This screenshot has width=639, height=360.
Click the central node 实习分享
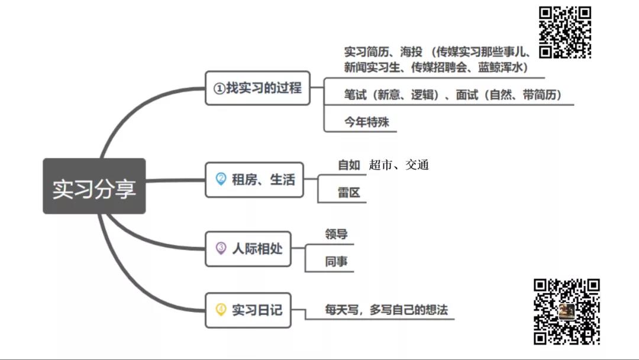pyautogui.click(x=94, y=186)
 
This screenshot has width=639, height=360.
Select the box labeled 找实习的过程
pyautogui.click(x=257, y=88)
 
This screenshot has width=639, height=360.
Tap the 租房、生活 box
pyautogui.click(x=254, y=180)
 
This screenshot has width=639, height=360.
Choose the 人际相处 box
pyautogui.click(x=248, y=249)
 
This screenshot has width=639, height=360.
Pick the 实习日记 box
pyautogui.click(x=248, y=310)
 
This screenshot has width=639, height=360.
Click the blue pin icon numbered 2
pyautogui.click(x=221, y=179)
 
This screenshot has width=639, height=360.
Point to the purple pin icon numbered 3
pyautogui.click(x=221, y=248)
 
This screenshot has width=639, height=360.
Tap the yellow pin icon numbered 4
pyautogui.click(x=221, y=310)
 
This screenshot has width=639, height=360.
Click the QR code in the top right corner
pyautogui.click(x=565, y=32)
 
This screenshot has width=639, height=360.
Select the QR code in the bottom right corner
pyautogui.click(x=566, y=312)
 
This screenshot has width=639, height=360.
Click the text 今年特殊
pyautogui.click(x=366, y=122)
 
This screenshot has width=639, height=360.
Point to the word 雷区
pyautogui.click(x=349, y=192)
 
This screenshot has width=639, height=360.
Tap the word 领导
pyautogui.click(x=336, y=234)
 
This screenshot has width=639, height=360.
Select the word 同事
pyautogui.click(x=336, y=261)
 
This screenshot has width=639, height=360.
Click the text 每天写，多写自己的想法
pyautogui.click(x=386, y=310)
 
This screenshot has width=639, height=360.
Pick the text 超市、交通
pyautogui.click(x=399, y=165)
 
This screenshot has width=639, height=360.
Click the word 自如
pyautogui.click(x=349, y=165)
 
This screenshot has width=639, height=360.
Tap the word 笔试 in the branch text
pyautogui.click(x=356, y=95)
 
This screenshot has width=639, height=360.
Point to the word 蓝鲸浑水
pyautogui.click(x=500, y=67)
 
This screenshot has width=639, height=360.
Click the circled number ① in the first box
pyautogui.click(x=220, y=88)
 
